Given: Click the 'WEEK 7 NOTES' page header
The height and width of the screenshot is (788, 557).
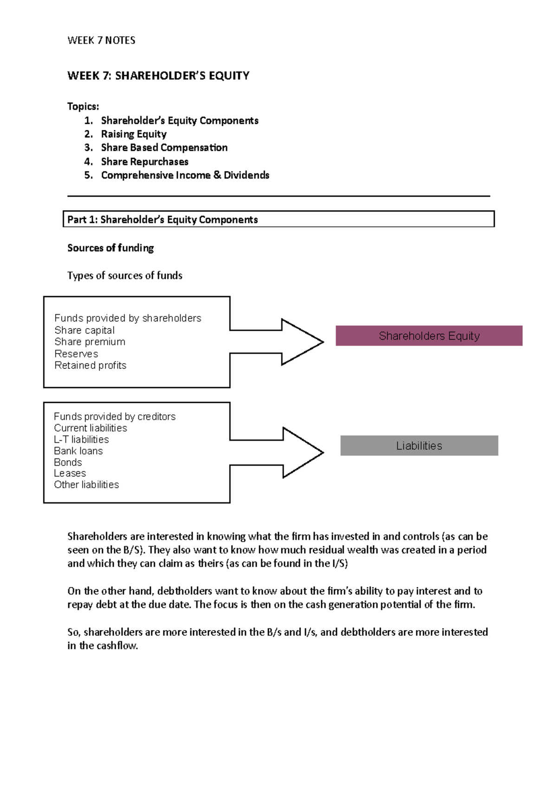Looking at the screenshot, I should click(x=101, y=40).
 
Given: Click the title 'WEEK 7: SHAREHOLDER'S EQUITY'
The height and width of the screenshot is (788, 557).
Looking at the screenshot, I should click(x=158, y=76).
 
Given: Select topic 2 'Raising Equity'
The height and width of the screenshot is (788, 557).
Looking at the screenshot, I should click(x=134, y=134).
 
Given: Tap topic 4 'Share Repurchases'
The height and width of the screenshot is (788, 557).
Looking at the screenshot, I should click(x=144, y=161).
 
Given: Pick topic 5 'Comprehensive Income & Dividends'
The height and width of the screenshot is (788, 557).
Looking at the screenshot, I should click(x=185, y=175).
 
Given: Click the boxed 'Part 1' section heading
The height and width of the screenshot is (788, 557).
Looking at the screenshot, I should click(x=162, y=220).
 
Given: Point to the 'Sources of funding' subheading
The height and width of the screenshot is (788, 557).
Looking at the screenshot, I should click(x=110, y=248).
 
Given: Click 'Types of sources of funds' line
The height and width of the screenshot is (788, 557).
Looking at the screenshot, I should click(x=124, y=276).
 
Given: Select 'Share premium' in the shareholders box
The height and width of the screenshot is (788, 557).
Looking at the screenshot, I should click(x=90, y=342).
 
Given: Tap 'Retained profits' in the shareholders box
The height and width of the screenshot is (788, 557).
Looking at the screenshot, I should click(x=90, y=365).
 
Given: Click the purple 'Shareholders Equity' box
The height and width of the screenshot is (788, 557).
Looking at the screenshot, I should click(x=429, y=336).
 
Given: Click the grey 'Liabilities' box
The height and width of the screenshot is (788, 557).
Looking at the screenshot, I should click(x=419, y=446).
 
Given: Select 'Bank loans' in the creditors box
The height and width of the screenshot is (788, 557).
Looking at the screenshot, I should click(x=78, y=451).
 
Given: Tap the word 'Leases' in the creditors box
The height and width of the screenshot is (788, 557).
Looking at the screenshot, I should click(x=70, y=473).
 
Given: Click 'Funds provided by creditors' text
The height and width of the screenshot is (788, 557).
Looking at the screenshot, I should click(x=115, y=417).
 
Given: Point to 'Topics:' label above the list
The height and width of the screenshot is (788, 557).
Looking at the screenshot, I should click(x=83, y=106).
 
